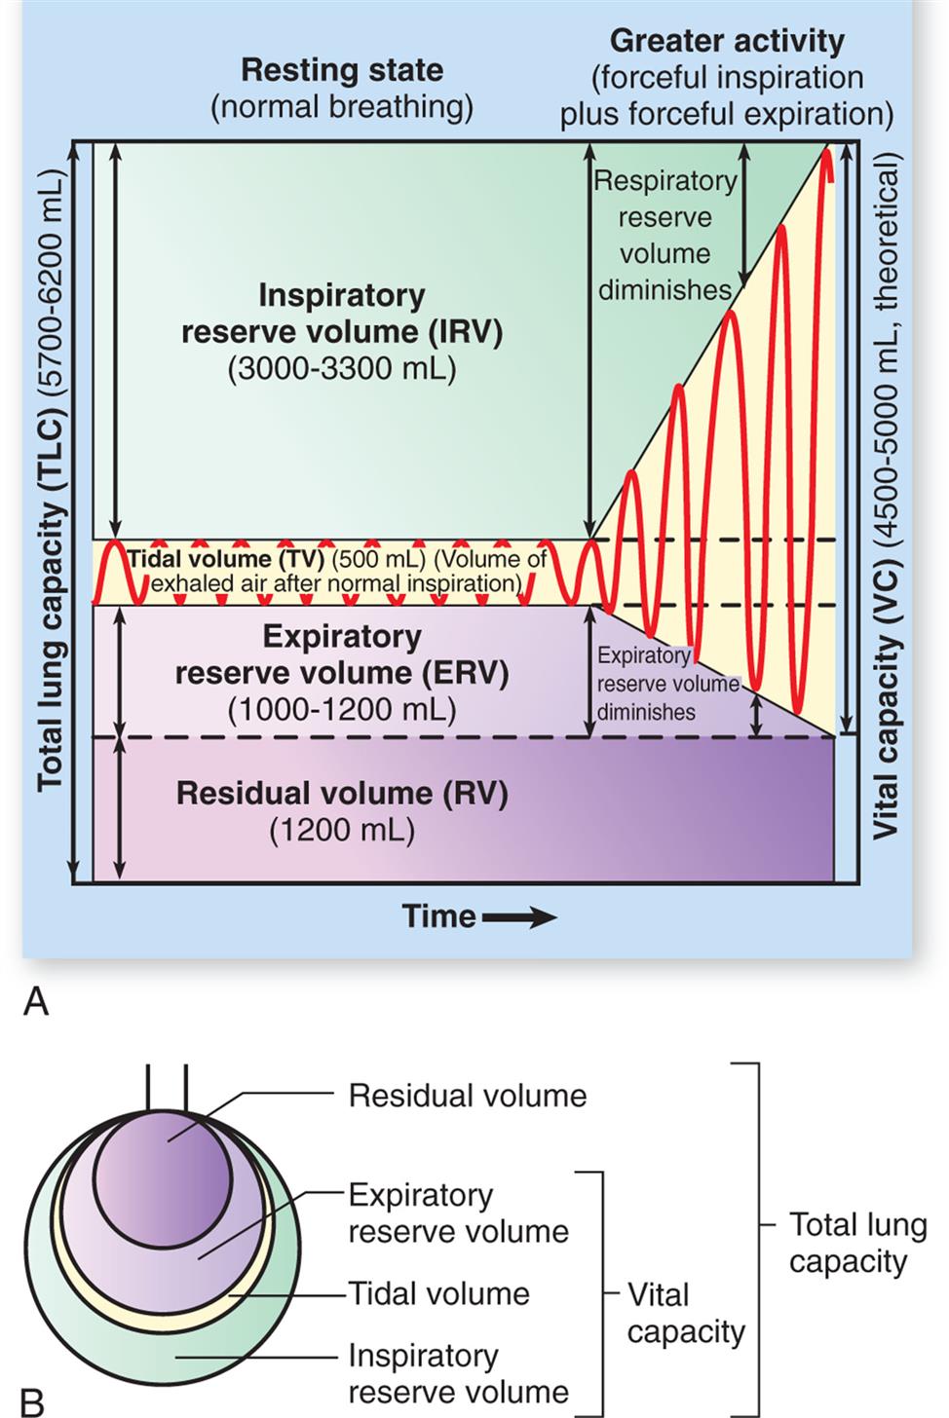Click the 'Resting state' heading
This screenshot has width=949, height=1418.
coord(342,70)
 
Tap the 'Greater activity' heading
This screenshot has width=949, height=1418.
coord(727,41)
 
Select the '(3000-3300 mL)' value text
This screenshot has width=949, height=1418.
coord(342,369)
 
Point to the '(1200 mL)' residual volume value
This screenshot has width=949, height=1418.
coord(342,830)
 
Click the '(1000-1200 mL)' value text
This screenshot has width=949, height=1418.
coord(342,709)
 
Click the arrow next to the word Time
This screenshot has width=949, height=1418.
coord(518,916)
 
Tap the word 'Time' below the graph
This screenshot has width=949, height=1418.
coord(438,916)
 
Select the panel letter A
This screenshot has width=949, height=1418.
coord(35,1000)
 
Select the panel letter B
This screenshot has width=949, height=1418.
coord(32,1401)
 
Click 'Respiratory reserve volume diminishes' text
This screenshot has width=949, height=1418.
coord(665,236)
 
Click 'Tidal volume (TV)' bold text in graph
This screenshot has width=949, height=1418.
coord(225,559)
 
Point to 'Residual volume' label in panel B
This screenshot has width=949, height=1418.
coord(468,1096)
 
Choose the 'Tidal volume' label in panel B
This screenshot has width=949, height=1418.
coord(439,1293)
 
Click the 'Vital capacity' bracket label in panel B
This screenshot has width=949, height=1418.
coord(685,1313)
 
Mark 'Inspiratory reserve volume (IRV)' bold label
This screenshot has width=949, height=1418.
coord(342,314)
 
